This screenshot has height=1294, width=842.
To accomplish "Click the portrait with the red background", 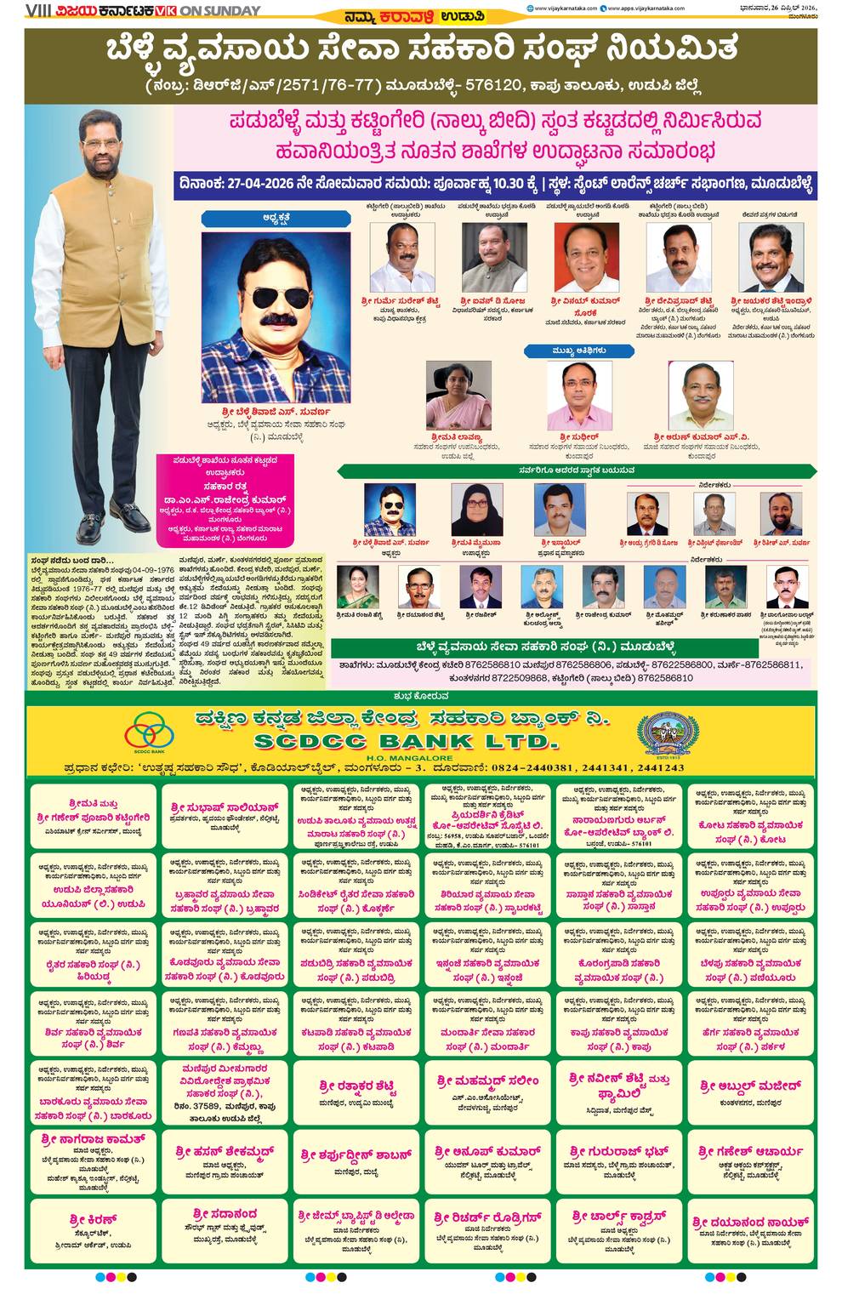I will pos(585,258).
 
